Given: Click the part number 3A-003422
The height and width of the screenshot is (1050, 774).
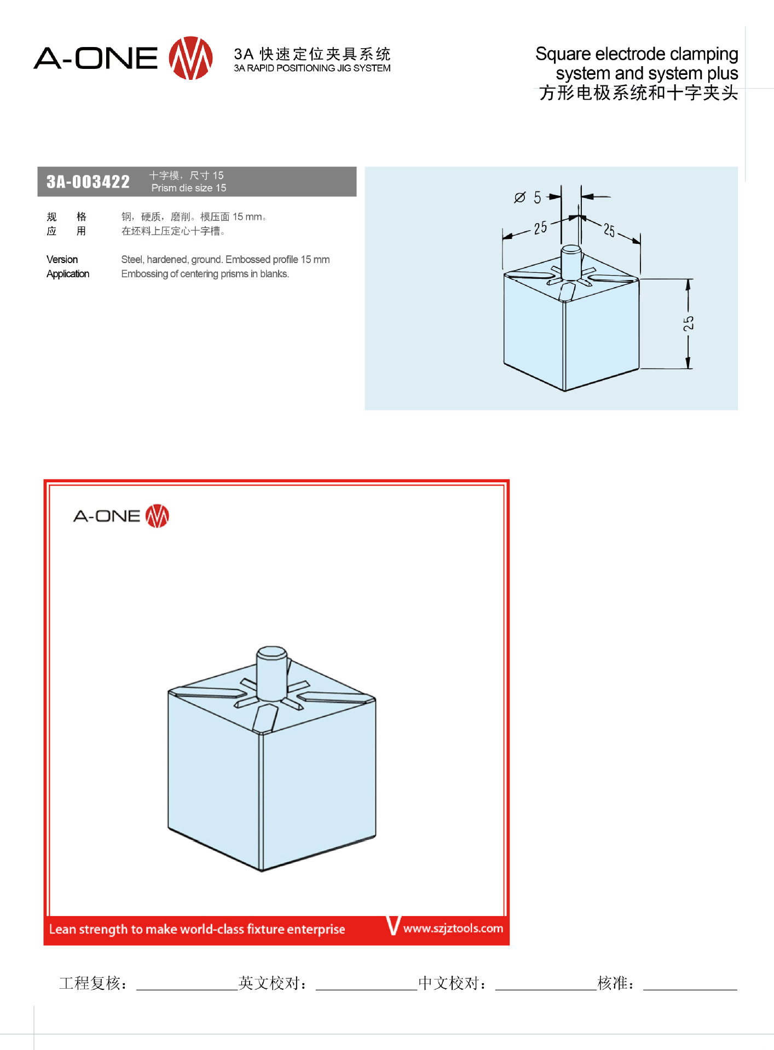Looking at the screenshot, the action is pos(88,182).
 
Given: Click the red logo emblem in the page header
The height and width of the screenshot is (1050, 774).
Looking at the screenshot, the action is pos(190,58).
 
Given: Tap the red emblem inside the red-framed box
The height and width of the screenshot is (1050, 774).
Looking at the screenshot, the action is pos(157,516).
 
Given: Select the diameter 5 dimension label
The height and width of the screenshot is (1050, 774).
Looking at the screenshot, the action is pos(528,197).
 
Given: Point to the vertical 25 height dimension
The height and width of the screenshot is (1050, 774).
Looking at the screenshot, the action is pos(688,323).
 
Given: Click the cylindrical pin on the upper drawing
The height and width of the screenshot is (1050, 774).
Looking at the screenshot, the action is pos(571,262).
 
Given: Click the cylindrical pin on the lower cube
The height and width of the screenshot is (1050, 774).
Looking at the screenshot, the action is pos(272,672).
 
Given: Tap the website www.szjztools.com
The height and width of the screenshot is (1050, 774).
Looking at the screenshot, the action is pos(453,928).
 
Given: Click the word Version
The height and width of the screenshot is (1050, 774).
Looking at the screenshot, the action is pos(62,259).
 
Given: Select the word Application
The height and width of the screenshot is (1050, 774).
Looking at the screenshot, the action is pos(68,273).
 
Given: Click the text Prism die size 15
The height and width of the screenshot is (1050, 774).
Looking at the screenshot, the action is pos(189,188).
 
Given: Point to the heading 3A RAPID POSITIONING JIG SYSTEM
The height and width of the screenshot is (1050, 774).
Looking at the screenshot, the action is pos(312,68).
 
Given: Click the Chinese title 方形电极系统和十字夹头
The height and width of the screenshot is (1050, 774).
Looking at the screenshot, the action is pos(638,93).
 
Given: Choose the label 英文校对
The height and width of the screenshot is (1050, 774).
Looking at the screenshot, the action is pos(268,983).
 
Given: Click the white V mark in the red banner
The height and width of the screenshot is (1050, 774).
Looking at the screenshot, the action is pos(394,925).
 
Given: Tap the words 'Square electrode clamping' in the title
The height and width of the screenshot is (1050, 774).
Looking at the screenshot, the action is pos(637,54).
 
